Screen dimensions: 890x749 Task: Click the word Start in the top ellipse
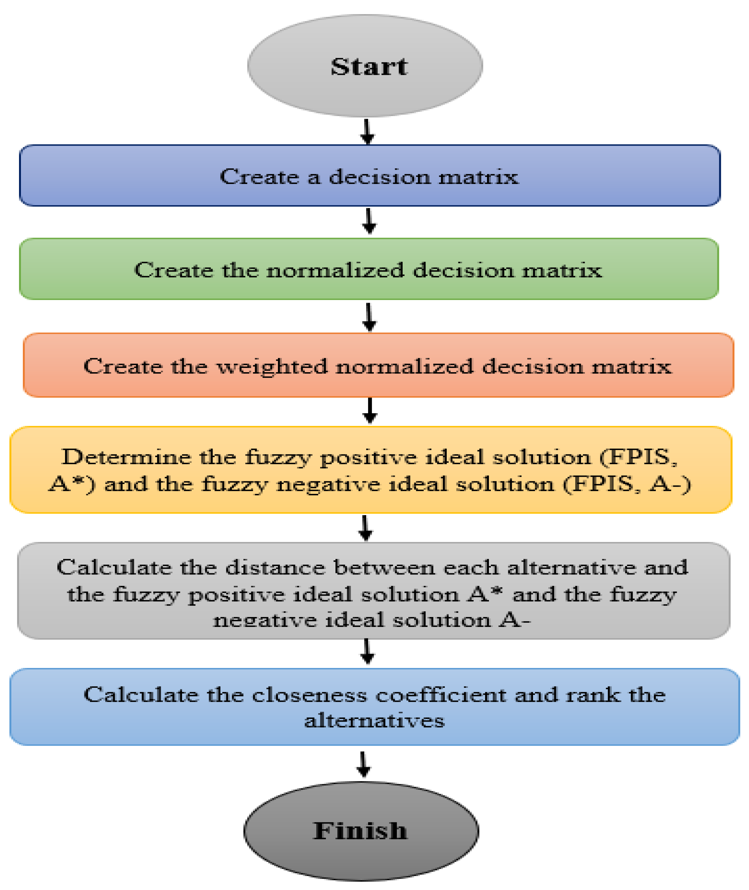tap(369, 67)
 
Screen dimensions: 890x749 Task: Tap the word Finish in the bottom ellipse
tap(360, 831)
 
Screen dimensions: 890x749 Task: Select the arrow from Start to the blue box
tap(367, 132)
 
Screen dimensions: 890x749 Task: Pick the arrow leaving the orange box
tap(370, 410)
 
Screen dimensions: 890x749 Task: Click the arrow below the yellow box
tap(366, 528)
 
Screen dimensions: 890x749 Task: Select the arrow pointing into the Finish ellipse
tap(363, 764)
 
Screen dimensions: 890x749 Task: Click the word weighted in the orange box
tap(272, 366)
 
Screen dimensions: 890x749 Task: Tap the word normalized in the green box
tap(335, 270)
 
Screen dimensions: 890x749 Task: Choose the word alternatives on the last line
tap(374, 721)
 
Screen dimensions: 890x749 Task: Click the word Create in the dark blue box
tap(259, 177)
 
